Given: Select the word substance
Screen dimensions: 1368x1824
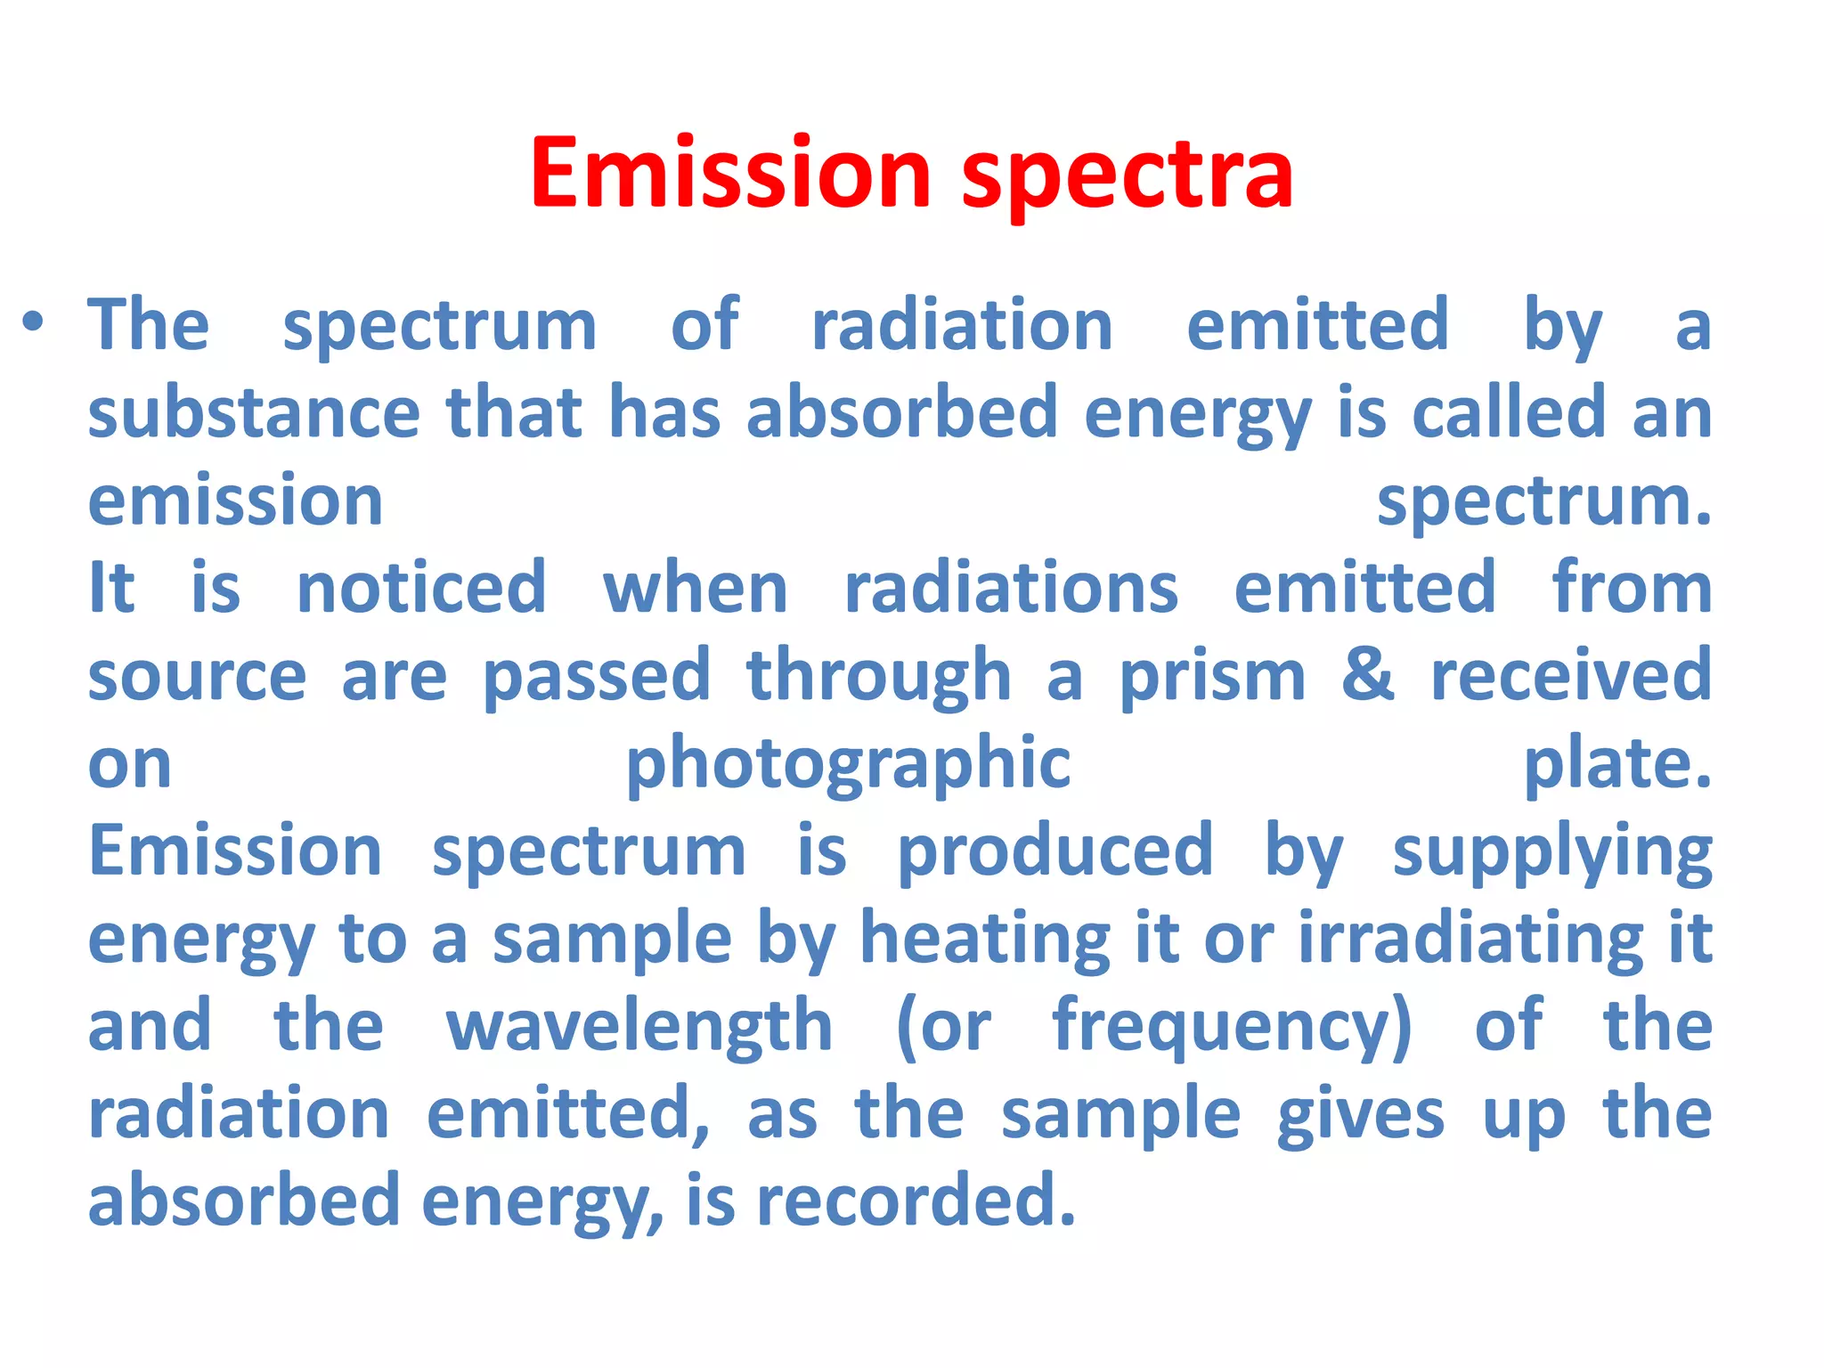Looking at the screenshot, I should point(254,413).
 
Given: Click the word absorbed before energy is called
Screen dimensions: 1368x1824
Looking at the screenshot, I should point(902,413).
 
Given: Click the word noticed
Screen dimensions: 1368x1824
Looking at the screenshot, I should point(421,589).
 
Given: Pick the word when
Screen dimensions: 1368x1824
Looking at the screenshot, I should point(696,589).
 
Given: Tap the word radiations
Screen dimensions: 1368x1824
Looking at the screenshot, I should point(1011,589).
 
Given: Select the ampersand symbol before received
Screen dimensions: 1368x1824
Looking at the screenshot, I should point(1368,675).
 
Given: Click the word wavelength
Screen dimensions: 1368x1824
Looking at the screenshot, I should point(639,1027).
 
